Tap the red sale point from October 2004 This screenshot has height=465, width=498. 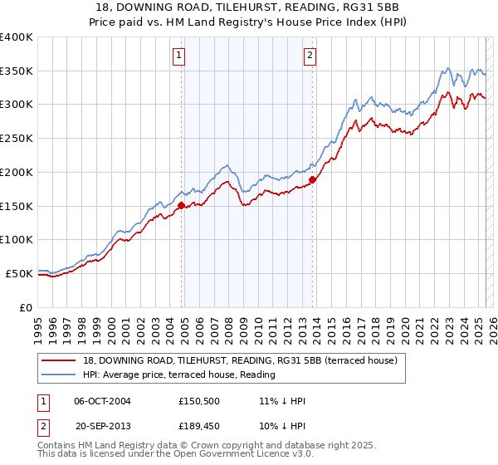[182, 205]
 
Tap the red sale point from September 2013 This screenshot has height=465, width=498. [312, 179]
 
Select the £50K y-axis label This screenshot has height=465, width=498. [20, 272]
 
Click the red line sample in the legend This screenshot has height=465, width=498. [58, 360]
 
